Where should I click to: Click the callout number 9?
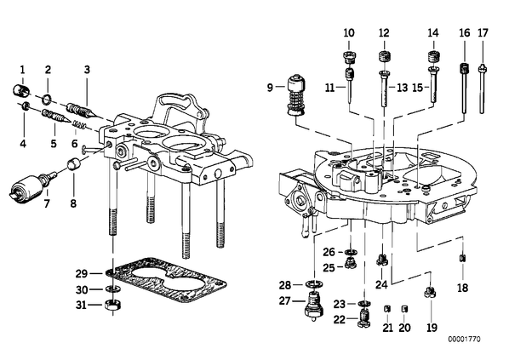click(270, 88)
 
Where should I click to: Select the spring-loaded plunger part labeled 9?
click(296, 95)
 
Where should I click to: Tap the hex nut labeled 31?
click(113, 306)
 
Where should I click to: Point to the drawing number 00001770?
click(464, 340)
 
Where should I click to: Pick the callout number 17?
click(483, 33)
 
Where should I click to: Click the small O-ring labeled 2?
click(48, 100)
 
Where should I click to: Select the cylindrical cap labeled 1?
click(21, 90)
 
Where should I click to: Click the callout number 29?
click(82, 274)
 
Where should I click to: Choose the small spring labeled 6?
click(79, 124)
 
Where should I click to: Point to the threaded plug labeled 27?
click(313, 306)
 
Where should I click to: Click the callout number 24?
click(381, 285)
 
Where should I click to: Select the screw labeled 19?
click(430, 292)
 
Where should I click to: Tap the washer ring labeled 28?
click(314, 284)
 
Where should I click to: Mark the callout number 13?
click(402, 88)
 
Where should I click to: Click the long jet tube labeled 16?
click(465, 88)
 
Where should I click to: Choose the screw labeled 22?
click(364, 318)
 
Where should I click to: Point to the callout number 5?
click(54, 143)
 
